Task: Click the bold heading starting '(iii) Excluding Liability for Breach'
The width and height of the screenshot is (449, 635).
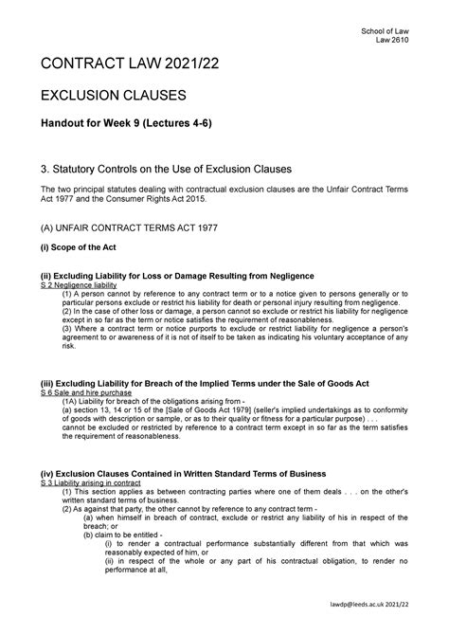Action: pos(210,383)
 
